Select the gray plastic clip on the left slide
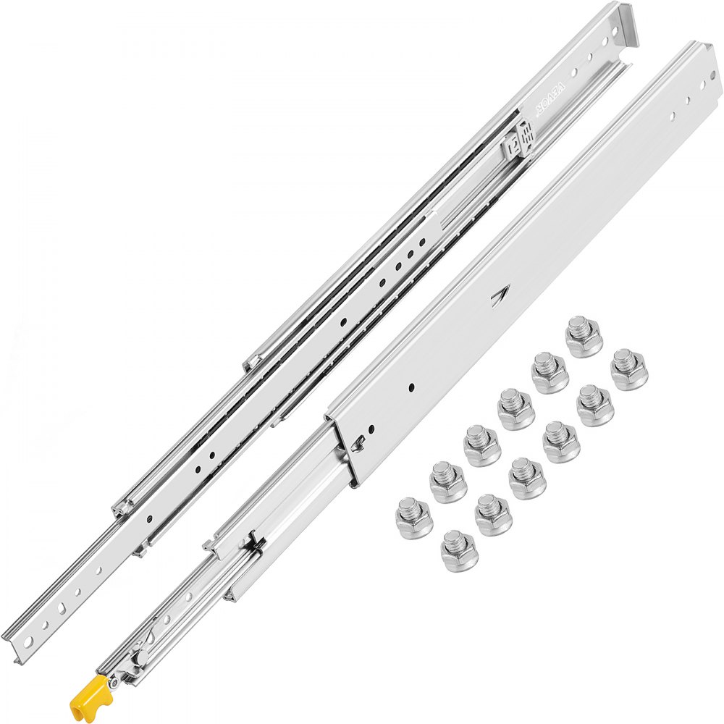point(518,138)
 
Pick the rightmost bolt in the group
point(629,369)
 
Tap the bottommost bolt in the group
point(459,551)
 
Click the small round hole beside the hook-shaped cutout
point(374,434)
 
